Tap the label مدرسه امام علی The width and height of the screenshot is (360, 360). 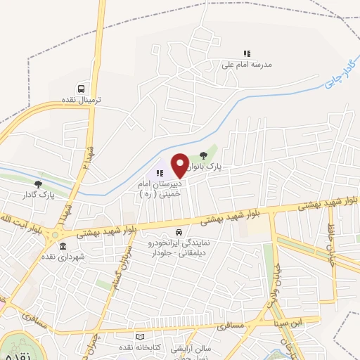[246, 64]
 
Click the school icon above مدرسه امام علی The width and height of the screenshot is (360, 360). [246, 53]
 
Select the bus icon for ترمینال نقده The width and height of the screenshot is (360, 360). [82, 89]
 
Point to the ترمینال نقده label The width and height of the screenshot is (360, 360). [82, 101]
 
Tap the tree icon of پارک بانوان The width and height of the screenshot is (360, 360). [204, 155]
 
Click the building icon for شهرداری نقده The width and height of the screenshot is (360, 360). [63, 246]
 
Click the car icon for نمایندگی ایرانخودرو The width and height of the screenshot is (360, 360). [179, 232]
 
